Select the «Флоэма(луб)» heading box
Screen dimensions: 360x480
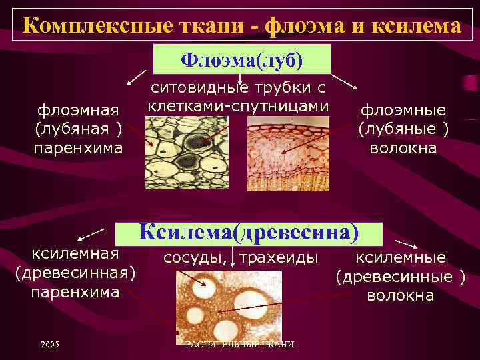click(x=242, y=60)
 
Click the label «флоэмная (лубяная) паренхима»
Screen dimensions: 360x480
click(x=79, y=129)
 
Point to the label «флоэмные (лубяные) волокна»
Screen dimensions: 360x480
click(x=403, y=129)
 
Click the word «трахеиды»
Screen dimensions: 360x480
click(x=279, y=257)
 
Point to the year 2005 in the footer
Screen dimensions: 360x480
click(x=49, y=344)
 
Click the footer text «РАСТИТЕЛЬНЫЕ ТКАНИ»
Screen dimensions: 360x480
click(x=239, y=344)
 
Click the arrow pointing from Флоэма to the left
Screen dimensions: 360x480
click(x=138, y=74)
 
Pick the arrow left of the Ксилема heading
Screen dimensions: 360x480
click(x=91, y=234)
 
